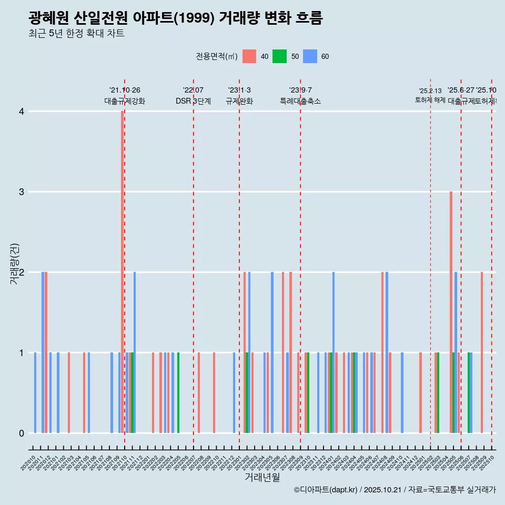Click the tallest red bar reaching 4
tap(122, 271)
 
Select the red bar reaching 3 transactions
tap(451, 312)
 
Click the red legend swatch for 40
tap(249, 56)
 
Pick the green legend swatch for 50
tap(279, 56)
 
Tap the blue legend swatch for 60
tap(310, 56)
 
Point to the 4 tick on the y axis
tap(22, 112)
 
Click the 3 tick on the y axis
tap(22, 192)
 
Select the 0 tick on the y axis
tap(22, 433)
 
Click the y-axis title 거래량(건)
tap(15, 264)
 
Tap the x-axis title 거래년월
tap(262, 477)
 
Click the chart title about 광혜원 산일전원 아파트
tap(176, 18)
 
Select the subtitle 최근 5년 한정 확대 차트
tap(76, 34)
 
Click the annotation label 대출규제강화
tap(125, 101)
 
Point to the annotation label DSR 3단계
tap(193, 101)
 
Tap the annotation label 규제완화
tap(239, 101)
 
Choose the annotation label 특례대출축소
tap(300, 101)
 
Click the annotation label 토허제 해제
tap(430, 99)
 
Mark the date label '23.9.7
tap(300, 90)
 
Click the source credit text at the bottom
tap(395, 490)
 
